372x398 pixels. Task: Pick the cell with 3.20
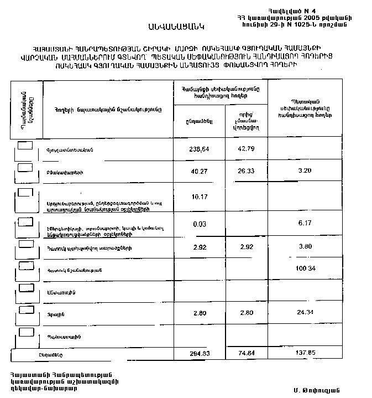(305, 171)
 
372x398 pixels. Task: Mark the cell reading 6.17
(305, 223)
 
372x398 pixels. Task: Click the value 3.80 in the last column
(305, 247)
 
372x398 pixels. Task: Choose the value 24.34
(305, 313)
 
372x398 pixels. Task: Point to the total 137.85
(305, 353)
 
